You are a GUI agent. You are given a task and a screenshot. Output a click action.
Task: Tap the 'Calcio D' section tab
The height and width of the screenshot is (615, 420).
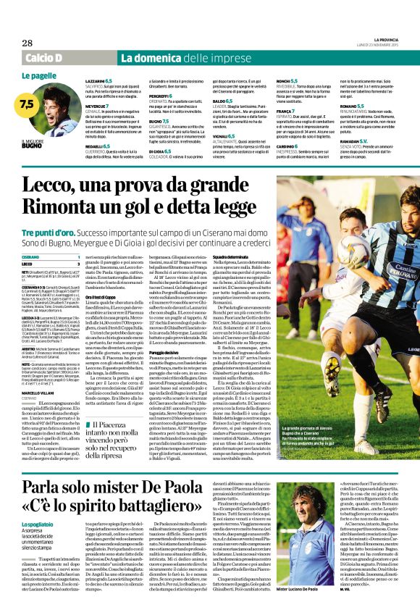point(43,57)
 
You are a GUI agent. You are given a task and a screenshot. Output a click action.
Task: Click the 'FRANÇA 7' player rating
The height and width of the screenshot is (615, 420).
point(287,109)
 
